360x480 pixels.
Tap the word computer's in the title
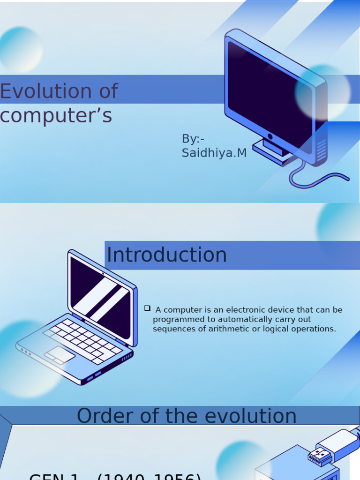pyautogui.click(x=56, y=115)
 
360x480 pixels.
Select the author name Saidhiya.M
pyautogui.click(x=214, y=153)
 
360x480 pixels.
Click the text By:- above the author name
pyautogui.click(x=193, y=139)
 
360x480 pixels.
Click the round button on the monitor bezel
pyautogui.click(x=270, y=136)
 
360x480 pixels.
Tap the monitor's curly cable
pyautogui.click(x=319, y=178)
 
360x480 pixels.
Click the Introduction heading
pyautogui.click(x=167, y=255)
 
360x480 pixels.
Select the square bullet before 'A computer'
pyautogui.click(x=147, y=308)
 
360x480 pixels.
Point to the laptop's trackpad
pyautogui.click(x=60, y=354)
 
